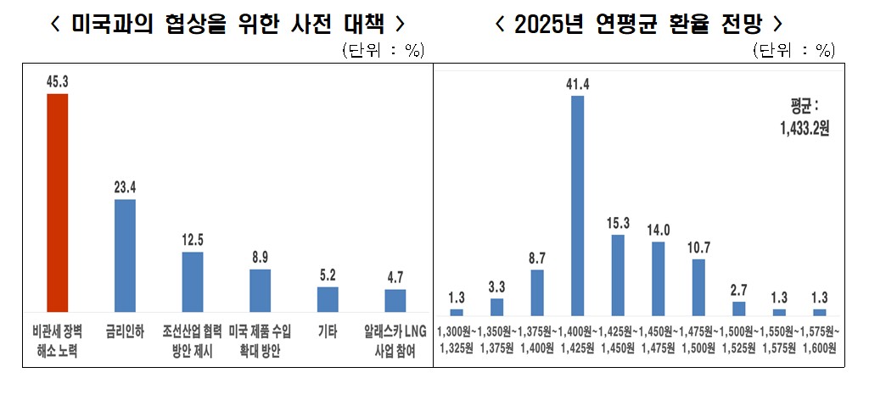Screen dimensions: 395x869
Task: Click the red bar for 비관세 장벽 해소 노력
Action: [x=57, y=203]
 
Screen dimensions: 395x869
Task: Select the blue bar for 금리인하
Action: [x=125, y=256]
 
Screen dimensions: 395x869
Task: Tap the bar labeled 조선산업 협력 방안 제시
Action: [x=193, y=282]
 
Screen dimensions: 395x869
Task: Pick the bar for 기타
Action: [x=328, y=299]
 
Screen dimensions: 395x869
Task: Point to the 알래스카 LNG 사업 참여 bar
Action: [x=395, y=301]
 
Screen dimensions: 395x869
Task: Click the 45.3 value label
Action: [x=57, y=82]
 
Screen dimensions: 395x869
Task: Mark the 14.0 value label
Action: [x=659, y=230]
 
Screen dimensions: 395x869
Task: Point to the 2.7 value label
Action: [x=738, y=289]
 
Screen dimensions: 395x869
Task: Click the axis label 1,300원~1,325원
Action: [x=457, y=338]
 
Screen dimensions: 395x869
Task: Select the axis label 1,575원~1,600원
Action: [x=821, y=338]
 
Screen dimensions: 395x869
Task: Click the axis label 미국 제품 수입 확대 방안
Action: [x=261, y=338]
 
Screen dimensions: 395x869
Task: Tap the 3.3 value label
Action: [x=496, y=287]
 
